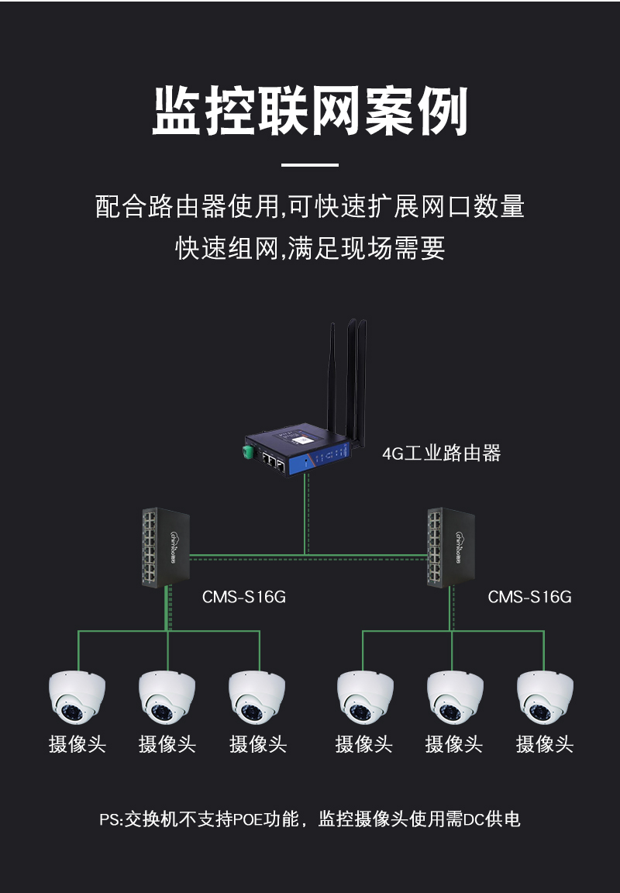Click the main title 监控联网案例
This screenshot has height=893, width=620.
(x=310, y=111)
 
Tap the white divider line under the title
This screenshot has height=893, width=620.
(x=310, y=165)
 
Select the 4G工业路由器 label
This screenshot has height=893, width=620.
(x=441, y=453)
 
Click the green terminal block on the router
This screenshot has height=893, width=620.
(x=248, y=452)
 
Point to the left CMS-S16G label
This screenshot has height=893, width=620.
(x=243, y=597)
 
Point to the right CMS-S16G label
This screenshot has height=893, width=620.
(x=529, y=597)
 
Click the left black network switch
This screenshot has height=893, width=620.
(x=166, y=547)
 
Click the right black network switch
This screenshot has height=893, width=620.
(x=451, y=547)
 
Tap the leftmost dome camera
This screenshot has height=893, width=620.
(x=77, y=697)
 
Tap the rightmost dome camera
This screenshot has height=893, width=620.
(x=545, y=697)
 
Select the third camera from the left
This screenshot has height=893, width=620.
(x=257, y=697)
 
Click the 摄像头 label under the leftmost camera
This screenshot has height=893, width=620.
(x=77, y=744)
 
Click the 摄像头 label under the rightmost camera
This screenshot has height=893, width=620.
(x=544, y=744)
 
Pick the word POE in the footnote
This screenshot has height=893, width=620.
(x=249, y=819)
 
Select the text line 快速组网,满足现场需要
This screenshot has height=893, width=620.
(x=310, y=248)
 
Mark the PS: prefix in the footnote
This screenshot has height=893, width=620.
(x=112, y=819)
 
